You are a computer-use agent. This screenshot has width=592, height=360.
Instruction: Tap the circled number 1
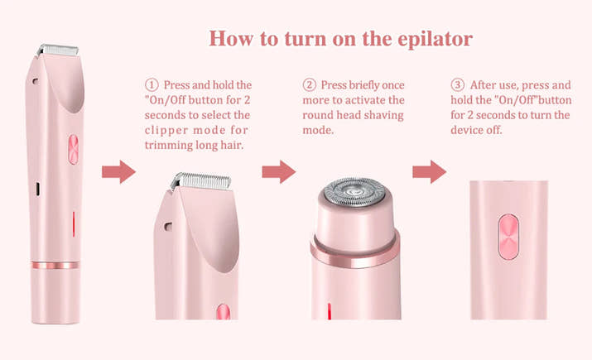pyautogui.click(x=151, y=85)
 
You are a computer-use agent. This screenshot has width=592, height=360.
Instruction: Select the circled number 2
pyautogui.click(x=309, y=85)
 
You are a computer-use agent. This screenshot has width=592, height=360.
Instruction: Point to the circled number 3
pyautogui.click(x=457, y=85)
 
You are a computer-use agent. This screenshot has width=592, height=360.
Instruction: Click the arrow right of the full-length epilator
pyautogui.click(x=118, y=172)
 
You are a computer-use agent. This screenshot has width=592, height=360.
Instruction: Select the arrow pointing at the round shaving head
pyautogui.click(x=278, y=172)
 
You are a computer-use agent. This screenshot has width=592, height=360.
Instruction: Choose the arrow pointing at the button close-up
pyautogui.click(x=429, y=172)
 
